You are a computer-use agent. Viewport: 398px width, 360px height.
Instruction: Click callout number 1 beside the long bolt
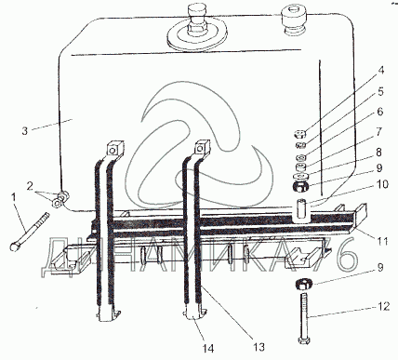[13, 196]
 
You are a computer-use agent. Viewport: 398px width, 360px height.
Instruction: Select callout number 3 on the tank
[25, 130]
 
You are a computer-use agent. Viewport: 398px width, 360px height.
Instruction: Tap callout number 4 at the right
[381, 70]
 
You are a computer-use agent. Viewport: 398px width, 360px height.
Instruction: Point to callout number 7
[379, 131]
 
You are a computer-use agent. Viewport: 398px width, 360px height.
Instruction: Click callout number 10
[383, 184]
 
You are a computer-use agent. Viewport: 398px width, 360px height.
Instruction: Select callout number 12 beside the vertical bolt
[384, 306]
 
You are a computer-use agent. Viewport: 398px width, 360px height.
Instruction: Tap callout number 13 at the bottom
[259, 347]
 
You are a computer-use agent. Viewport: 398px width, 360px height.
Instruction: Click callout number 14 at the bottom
[208, 349]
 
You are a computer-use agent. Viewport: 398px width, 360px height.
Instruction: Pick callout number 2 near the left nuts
[30, 186]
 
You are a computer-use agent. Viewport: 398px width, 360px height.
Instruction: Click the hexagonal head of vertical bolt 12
[303, 340]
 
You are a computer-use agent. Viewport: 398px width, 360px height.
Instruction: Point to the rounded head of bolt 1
[14, 247]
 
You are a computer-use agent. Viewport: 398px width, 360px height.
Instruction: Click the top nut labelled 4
[300, 134]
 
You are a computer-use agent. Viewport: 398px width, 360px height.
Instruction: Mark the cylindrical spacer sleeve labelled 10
[300, 209]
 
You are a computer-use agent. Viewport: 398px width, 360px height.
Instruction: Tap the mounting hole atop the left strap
[113, 151]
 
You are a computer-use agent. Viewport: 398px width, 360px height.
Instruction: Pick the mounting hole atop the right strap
[200, 151]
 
